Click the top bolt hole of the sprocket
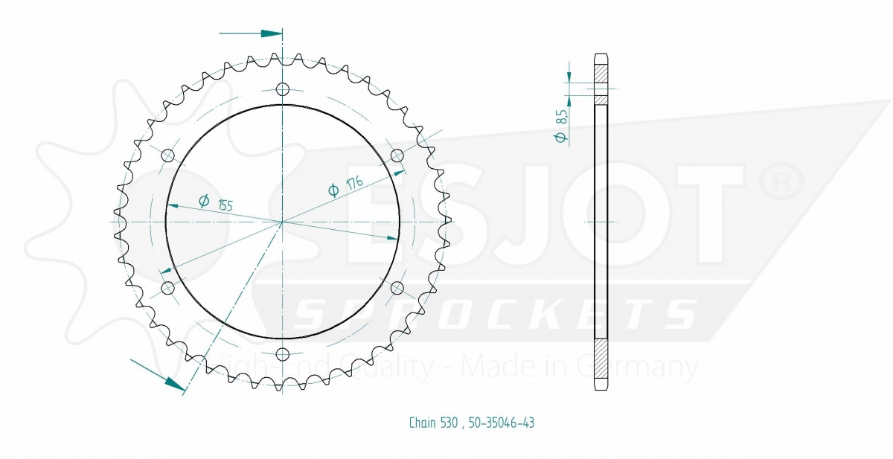coord(283,89)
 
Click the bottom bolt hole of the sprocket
coord(283,354)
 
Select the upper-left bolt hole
coord(168,155)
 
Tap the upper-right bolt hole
coord(397,155)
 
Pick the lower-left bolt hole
coord(168,288)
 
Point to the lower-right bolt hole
coord(397,288)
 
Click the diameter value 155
coord(225,205)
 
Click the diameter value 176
coord(355,183)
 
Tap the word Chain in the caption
coord(423,423)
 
